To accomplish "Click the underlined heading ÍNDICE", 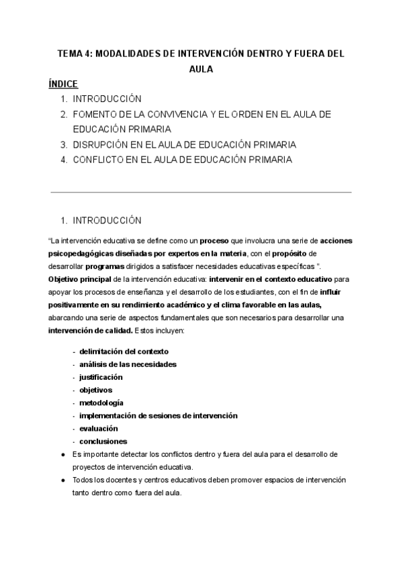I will click(x=64, y=84).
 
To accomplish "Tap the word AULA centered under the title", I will click(x=201, y=69).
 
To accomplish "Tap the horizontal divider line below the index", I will click(x=201, y=192).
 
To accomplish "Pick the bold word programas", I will click(x=107, y=265).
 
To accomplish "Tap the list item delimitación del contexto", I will click(x=124, y=351).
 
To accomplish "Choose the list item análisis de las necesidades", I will click(x=128, y=364).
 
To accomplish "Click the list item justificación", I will click(x=101, y=377).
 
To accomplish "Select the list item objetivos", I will click(x=96, y=390).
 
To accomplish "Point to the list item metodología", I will click(x=101, y=403).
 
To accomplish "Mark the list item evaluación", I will click(x=98, y=428).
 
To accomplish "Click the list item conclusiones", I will click(x=103, y=442).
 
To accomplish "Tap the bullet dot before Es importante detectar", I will click(x=62, y=454).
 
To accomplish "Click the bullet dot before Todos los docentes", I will click(x=62, y=480).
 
